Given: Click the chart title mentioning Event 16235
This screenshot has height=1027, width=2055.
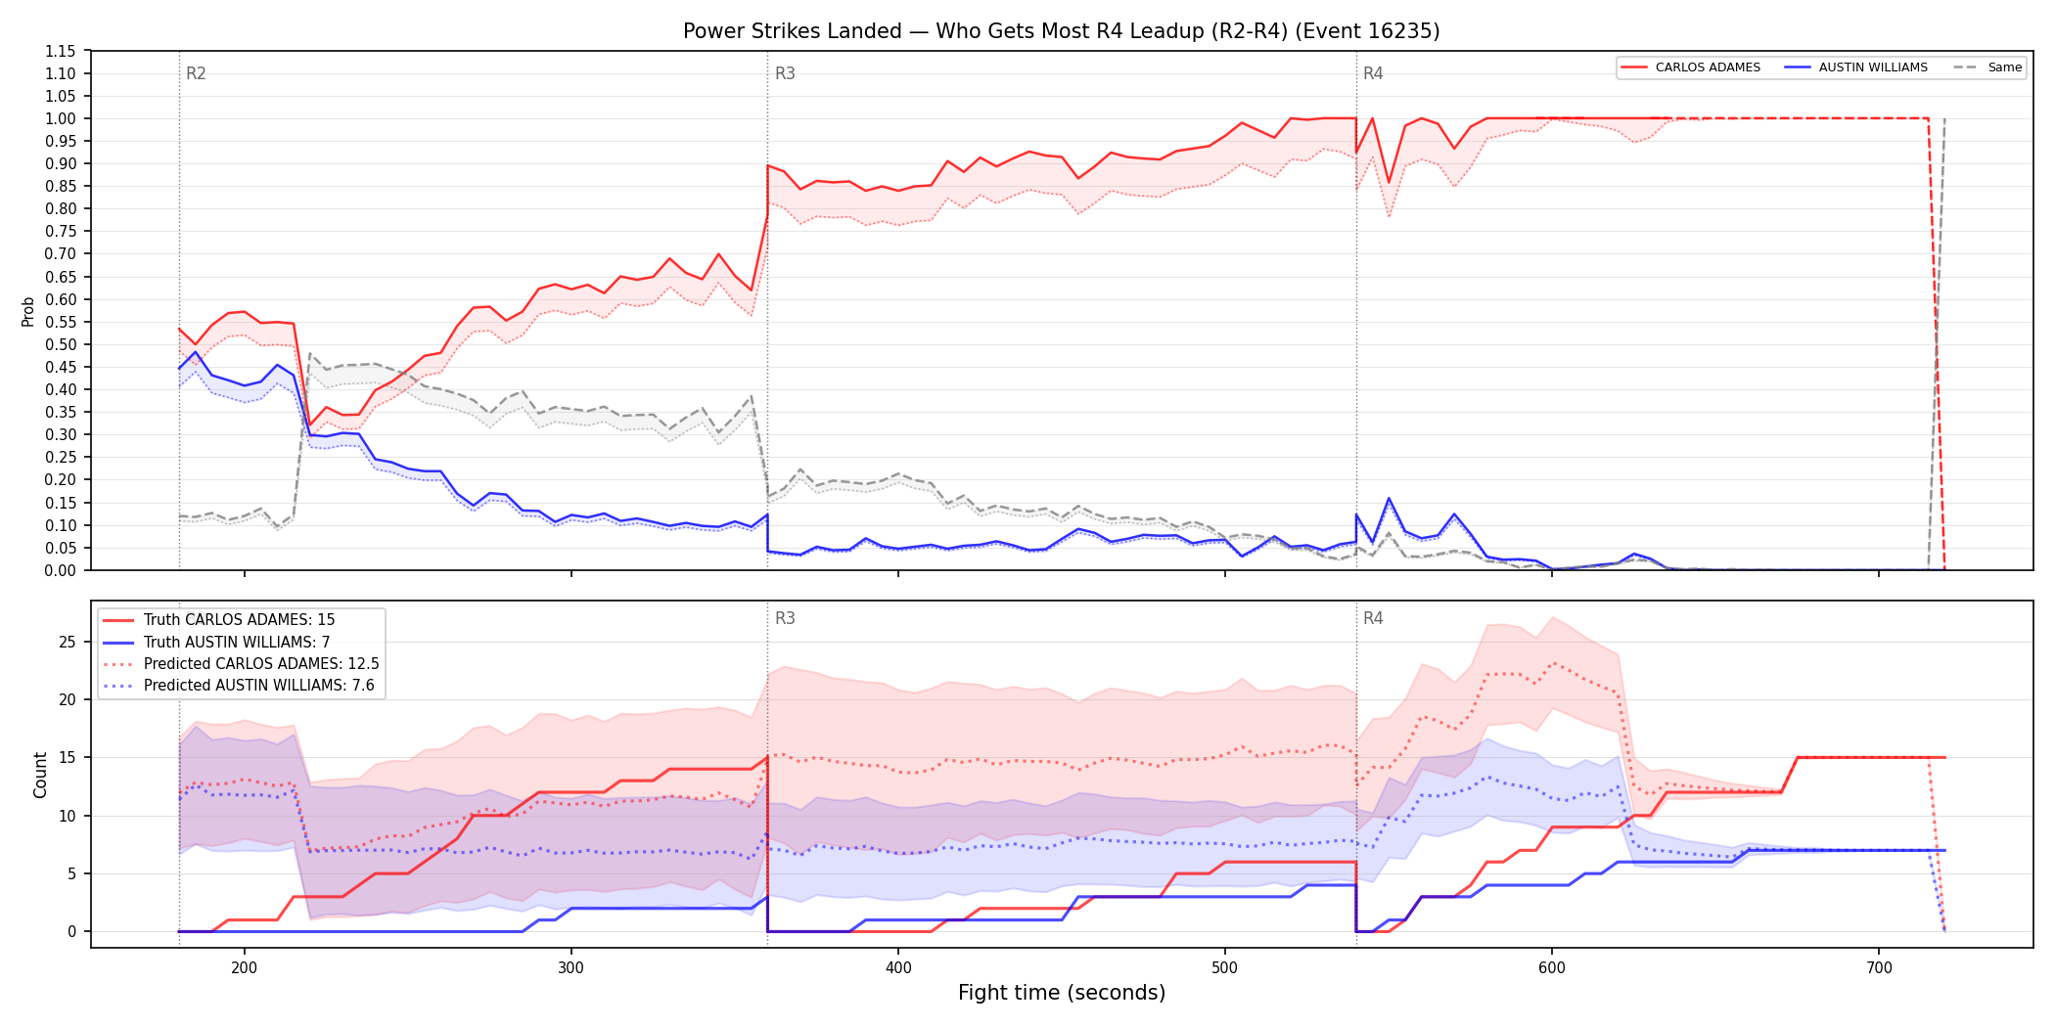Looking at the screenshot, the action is (1061, 31).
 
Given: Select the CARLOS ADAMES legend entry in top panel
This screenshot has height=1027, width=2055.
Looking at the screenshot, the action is (1690, 67).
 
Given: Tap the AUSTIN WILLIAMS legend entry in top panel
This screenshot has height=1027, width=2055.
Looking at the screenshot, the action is (1855, 67).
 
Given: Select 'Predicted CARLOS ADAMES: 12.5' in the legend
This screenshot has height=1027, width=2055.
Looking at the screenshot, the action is (241, 664).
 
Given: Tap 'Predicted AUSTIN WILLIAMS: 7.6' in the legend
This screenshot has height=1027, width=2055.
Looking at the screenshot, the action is (239, 686).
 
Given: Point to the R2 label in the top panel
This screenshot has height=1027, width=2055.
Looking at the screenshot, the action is (196, 73).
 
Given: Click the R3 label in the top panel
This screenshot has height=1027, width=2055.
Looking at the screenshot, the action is (785, 73).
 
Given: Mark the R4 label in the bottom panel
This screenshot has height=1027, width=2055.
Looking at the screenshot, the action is (1373, 618).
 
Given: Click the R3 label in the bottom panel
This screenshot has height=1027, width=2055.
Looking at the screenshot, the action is (785, 618).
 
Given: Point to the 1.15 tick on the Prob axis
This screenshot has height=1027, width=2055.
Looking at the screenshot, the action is (61, 51).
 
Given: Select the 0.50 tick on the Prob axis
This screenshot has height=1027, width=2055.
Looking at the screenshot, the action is (61, 344).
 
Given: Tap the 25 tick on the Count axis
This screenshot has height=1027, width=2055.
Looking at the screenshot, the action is (68, 642).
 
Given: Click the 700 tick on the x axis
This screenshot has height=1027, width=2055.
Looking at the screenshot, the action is (1879, 968).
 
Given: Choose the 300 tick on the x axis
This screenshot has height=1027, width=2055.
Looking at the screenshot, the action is (571, 968).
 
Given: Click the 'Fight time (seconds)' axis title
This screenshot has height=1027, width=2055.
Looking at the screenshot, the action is (1062, 993).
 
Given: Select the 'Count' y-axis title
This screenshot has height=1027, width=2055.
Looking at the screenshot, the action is (40, 775).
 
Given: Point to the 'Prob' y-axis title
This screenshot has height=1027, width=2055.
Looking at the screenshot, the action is (28, 311).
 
